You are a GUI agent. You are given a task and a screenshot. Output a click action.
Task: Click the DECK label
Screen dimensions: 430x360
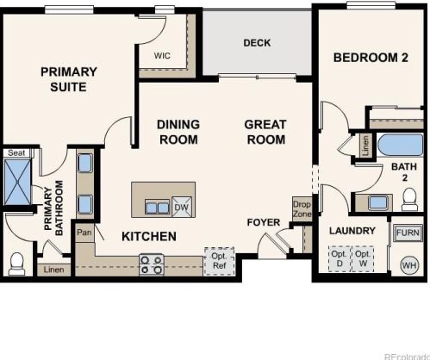click(x=257, y=43)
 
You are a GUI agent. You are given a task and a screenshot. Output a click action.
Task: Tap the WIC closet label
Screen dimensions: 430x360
click(x=162, y=55)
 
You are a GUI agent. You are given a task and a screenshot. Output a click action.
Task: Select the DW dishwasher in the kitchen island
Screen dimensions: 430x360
click(x=182, y=207)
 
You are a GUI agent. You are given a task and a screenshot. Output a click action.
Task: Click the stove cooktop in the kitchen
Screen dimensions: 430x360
click(x=152, y=265)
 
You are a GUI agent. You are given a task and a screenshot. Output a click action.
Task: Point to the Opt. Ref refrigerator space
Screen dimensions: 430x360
click(x=220, y=261)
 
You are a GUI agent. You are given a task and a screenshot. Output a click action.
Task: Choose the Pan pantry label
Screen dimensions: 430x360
click(x=84, y=232)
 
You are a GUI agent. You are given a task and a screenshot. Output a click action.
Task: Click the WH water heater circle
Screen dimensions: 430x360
click(x=409, y=265)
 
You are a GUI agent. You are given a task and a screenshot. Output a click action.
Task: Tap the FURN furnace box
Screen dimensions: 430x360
click(x=408, y=233)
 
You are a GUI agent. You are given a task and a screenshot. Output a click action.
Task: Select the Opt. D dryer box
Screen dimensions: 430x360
click(x=340, y=258)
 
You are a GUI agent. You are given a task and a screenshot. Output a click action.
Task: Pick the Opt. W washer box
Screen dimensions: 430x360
click(x=363, y=258)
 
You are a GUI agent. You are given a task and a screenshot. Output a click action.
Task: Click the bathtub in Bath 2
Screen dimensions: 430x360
click(x=401, y=145)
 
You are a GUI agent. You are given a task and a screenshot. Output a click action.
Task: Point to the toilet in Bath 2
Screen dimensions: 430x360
click(x=409, y=200)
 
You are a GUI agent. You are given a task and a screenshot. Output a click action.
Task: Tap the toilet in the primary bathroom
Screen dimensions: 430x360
click(x=16, y=264)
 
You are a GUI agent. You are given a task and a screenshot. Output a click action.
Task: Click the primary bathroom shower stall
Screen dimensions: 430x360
click(x=17, y=182)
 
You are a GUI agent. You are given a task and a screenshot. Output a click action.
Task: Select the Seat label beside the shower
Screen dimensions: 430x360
click(x=16, y=152)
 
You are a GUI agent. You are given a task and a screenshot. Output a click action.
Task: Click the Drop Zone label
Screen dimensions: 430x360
click(x=302, y=209)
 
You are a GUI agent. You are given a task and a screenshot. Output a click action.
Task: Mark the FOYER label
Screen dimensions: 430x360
click(x=264, y=222)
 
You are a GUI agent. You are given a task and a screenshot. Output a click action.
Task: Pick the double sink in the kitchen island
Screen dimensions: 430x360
click(x=157, y=208)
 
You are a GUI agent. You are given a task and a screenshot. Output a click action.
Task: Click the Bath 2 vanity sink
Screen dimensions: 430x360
click(x=377, y=202)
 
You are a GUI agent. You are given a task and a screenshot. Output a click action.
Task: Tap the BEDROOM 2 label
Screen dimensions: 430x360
click(x=371, y=58)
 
